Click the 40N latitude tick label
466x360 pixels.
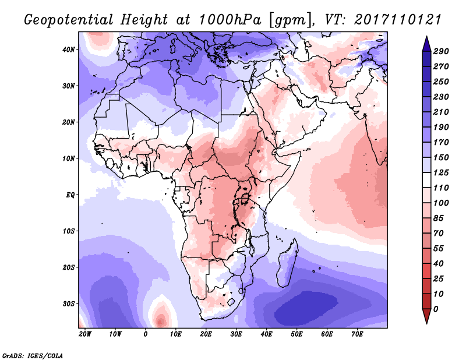pos(69,49)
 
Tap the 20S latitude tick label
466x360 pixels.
pos(69,267)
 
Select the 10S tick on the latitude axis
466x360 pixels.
pos(69,231)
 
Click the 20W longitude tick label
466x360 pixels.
pos(85,334)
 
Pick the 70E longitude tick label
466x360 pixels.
pos(358,334)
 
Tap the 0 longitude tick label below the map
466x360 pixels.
pos(146,334)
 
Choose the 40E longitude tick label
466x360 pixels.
pos(267,334)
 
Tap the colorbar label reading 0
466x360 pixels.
pos(436,308)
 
